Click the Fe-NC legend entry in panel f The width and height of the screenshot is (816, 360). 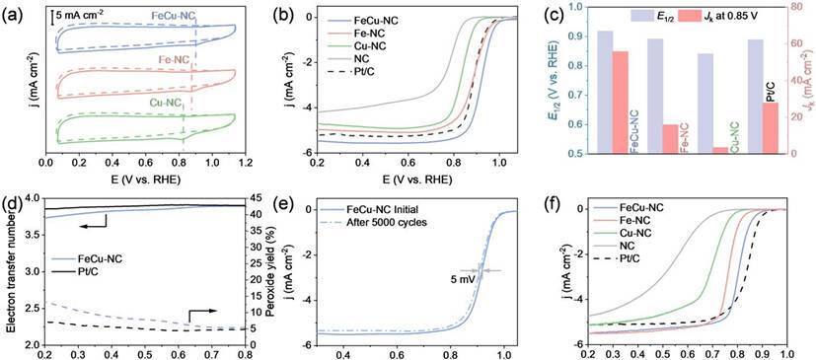click(x=641, y=220)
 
